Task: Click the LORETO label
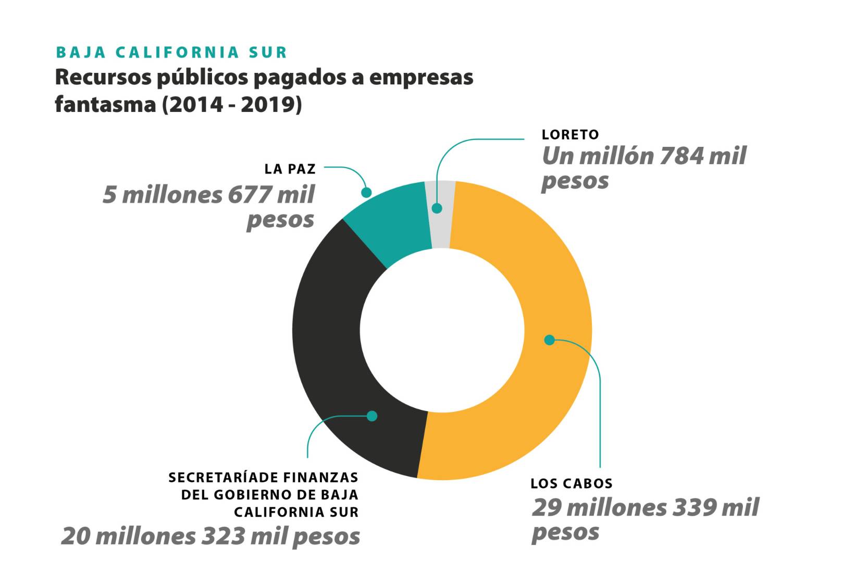coord(570,134)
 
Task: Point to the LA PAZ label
coord(290,169)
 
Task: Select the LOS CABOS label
coord(571,483)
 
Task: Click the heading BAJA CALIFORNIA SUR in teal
coord(172,52)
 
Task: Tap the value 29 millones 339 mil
coord(645,507)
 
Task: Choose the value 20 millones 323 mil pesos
coord(210,536)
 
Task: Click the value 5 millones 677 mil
coord(208,195)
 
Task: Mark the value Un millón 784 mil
coord(644,156)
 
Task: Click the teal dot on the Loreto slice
coord(437,208)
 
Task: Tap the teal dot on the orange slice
coord(549,340)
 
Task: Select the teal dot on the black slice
coord(372,416)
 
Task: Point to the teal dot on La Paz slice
coord(366,193)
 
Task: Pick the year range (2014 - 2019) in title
coord(232,104)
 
